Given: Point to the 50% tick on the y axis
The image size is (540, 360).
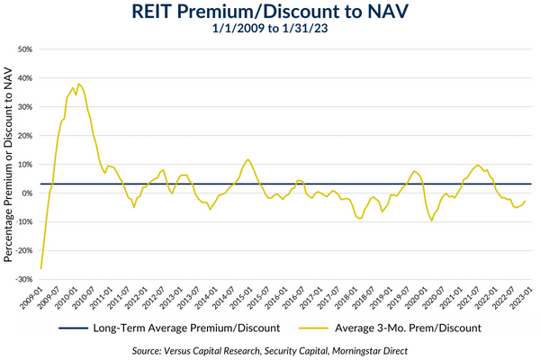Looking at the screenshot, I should tap(25, 49).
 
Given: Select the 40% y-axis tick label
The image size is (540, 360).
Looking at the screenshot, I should tap(25, 78).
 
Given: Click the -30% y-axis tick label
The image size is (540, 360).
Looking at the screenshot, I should tap(23, 280).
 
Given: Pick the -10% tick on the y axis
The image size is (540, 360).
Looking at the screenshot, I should tap(23, 222).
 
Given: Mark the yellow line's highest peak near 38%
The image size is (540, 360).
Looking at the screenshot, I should tap(79, 84).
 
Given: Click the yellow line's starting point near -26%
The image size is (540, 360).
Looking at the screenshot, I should tap(41, 268).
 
